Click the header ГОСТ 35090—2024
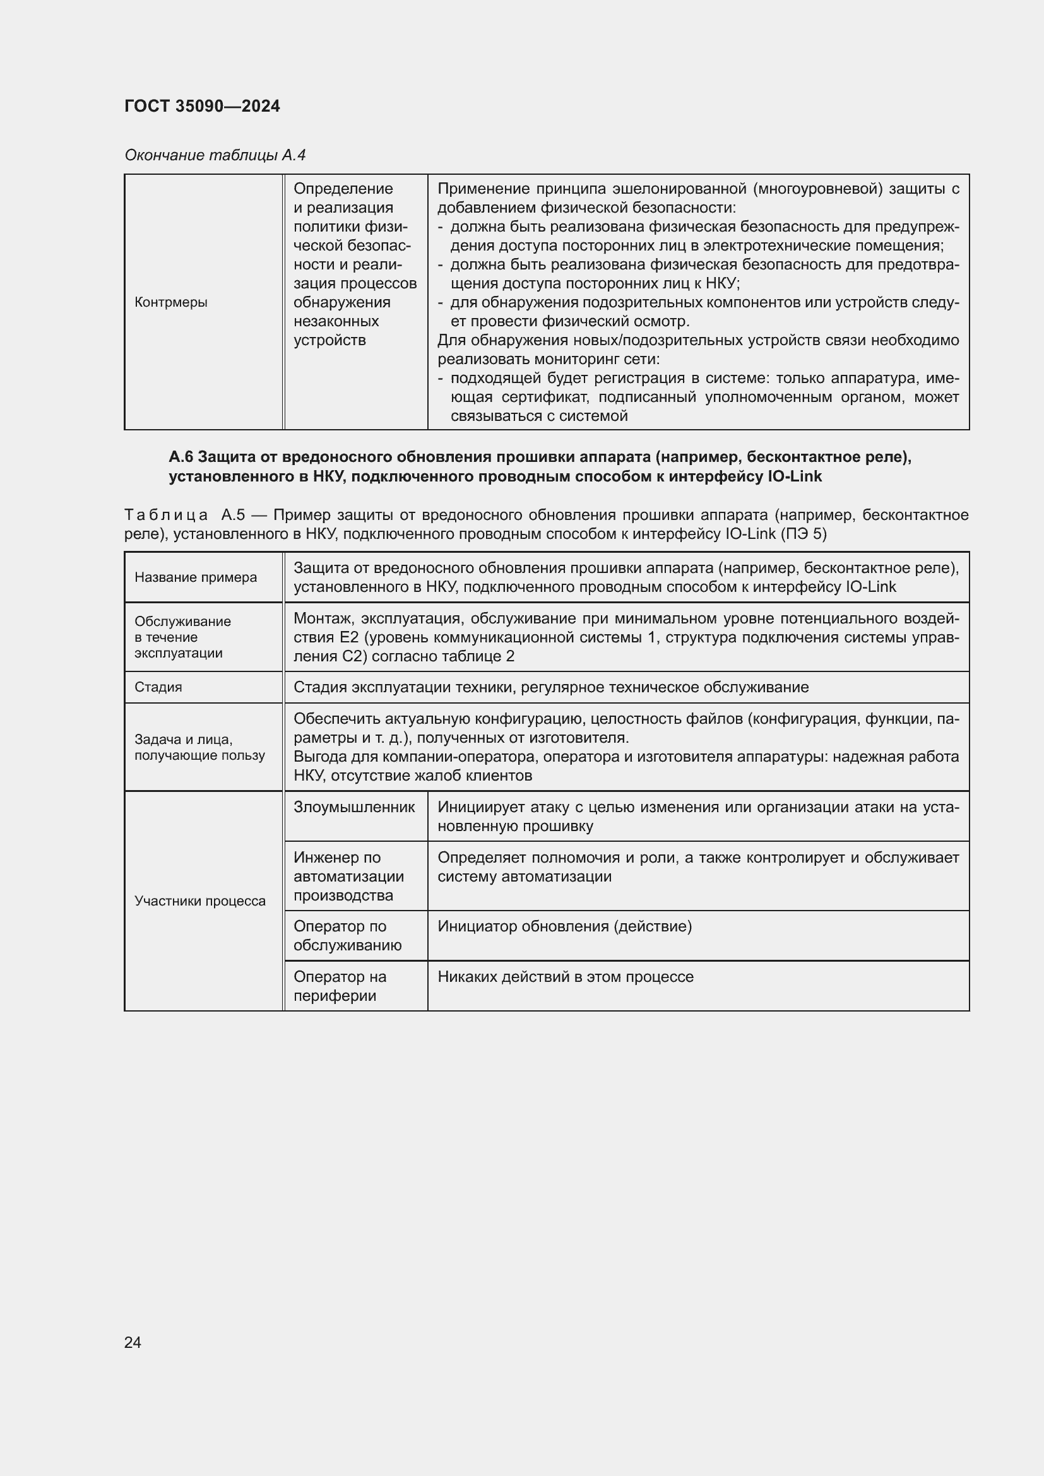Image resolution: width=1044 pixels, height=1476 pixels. click(202, 106)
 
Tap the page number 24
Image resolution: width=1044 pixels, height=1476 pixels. click(133, 1342)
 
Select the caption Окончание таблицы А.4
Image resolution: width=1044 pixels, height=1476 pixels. click(215, 155)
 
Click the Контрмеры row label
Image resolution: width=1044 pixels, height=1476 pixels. click(170, 302)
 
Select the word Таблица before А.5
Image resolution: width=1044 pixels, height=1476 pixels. click(166, 515)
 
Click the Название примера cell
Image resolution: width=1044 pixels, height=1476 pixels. click(196, 577)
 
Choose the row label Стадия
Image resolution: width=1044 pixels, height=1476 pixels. click(158, 687)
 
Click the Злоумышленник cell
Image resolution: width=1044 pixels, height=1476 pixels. click(354, 807)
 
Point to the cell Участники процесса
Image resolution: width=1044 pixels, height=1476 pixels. click(200, 900)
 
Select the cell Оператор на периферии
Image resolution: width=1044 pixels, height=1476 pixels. click(340, 986)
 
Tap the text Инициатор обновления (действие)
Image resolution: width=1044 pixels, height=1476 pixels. click(564, 926)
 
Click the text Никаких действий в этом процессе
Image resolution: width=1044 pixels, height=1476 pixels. click(565, 976)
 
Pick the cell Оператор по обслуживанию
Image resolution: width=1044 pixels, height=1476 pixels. click(347, 935)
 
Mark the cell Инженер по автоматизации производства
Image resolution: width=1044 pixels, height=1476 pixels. click(348, 877)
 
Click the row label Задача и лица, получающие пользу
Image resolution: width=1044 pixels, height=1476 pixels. click(199, 747)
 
